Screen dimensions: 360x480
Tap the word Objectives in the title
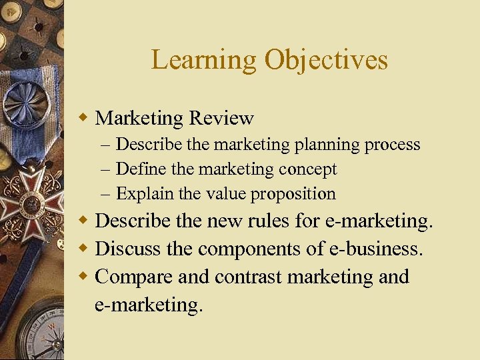tap(326, 60)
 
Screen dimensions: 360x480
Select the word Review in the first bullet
tap(221, 119)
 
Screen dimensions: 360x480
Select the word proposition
tap(298, 195)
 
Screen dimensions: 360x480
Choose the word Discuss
tap(128, 249)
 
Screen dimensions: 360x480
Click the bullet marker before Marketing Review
tap(84, 119)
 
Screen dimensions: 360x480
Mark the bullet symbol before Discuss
tap(84, 249)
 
